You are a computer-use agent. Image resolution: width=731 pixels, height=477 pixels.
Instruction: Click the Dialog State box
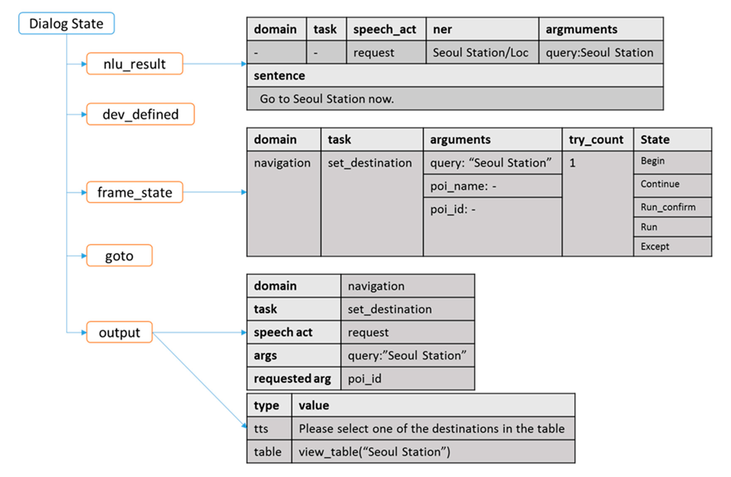[66, 23]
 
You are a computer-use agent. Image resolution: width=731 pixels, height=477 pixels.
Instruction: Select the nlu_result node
[135, 64]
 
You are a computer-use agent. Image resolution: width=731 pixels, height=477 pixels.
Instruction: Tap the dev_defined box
[140, 114]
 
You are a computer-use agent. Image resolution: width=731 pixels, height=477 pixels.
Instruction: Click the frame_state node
[135, 192]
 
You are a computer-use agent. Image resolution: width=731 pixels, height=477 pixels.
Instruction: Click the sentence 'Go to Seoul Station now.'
[327, 99]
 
